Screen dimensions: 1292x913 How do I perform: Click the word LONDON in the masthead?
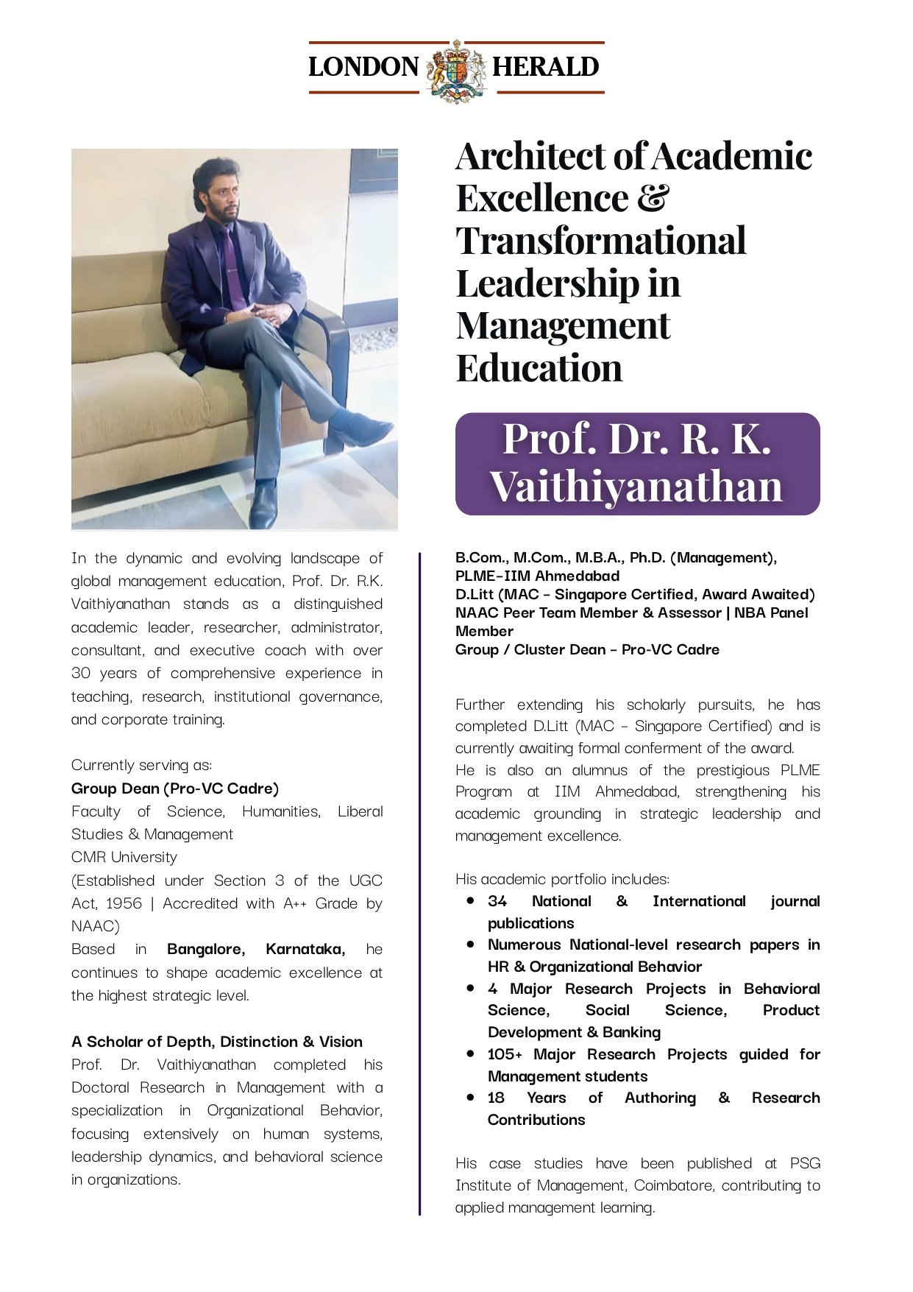pos(363,67)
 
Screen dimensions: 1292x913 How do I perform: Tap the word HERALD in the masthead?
pos(545,67)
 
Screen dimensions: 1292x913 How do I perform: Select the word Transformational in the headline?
pos(601,241)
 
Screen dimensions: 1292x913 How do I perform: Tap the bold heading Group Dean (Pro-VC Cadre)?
pos(175,788)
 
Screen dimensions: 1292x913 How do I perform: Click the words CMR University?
pos(124,857)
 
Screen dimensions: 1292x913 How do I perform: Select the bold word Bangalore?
pos(205,949)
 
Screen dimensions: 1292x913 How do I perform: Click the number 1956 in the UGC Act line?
pos(124,903)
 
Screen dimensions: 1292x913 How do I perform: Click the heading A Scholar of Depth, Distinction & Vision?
pos(217,1042)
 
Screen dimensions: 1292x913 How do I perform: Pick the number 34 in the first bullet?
pos(497,901)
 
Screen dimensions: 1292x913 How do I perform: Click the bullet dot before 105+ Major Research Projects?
pos(470,1053)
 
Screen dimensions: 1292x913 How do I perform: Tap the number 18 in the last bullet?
pos(496,1098)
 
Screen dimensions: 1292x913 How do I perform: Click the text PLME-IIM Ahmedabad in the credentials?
pos(537,576)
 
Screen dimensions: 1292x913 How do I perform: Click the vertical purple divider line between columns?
pos(419,883)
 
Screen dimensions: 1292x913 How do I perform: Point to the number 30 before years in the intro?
pos(80,673)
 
